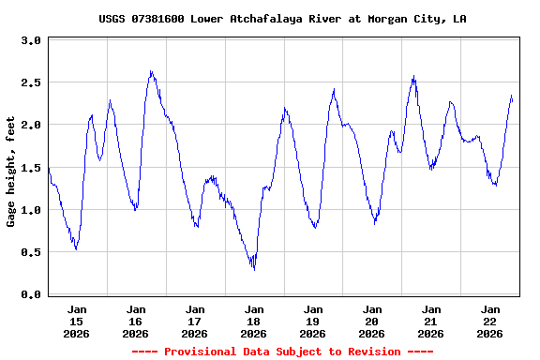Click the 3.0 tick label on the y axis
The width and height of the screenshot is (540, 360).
(x=31, y=41)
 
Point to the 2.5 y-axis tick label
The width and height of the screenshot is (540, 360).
(x=31, y=83)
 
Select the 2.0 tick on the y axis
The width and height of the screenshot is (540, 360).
(x=31, y=126)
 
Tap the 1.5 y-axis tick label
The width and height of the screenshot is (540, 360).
(x=31, y=168)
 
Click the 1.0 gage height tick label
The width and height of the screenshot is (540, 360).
(x=31, y=211)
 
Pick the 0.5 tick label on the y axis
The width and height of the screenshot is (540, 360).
(x=31, y=253)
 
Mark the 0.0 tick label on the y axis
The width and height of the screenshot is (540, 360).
(x=31, y=295)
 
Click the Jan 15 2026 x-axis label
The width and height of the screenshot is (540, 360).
(x=77, y=321)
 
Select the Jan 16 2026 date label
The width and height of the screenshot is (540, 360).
(x=136, y=321)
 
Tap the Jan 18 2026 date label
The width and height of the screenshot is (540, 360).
(x=254, y=321)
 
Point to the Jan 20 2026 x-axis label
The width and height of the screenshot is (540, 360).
(x=372, y=321)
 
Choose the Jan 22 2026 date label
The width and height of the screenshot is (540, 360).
(x=490, y=321)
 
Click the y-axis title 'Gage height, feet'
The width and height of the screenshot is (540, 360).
(x=11, y=172)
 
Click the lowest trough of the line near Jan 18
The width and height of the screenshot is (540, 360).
(x=253, y=268)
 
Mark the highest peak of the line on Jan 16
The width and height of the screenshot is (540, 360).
(x=151, y=71)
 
